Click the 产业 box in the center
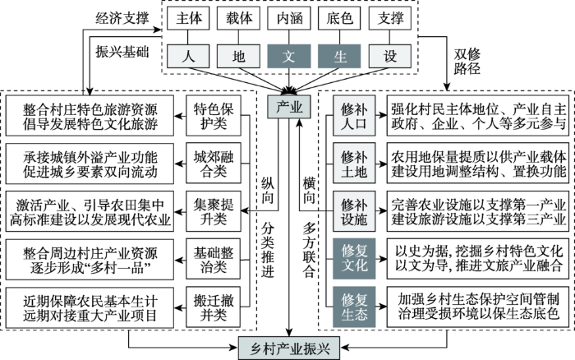point(289,107)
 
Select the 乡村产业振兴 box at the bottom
point(289,348)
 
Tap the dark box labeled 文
point(289,56)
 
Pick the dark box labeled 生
point(339,56)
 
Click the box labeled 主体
point(188,18)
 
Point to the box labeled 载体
point(238,18)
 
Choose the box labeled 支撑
point(390,18)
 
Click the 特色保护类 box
point(214,116)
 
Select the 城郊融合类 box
point(214,164)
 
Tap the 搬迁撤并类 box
point(214,307)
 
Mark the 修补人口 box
point(354,116)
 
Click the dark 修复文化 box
point(354,259)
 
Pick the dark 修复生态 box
point(354,307)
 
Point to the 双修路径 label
point(467,62)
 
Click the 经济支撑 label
point(122,18)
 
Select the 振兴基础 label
point(122,52)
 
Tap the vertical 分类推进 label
point(268,251)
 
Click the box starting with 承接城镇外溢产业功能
point(90,164)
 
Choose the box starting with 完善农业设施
point(478,211)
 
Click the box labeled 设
point(390,56)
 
